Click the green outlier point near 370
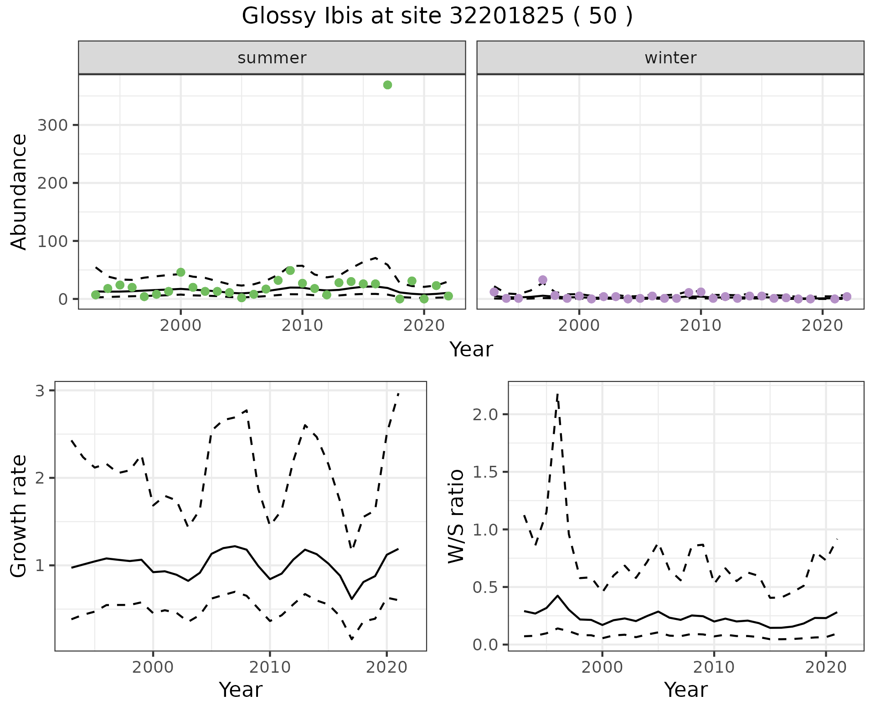tap(387, 85)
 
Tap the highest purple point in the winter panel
tap(542, 280)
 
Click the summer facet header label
tap(272, 58)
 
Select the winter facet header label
tap(670, 58)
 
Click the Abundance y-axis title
tap(19, 191)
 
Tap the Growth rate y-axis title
tap(19, 516)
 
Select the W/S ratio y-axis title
tap(456, 516)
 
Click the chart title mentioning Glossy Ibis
tap(437, 16)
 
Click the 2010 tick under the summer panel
tap(302, 325)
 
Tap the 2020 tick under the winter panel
tap(822, 325)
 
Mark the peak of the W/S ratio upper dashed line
tap(557, 394)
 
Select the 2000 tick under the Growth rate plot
tap(153, 668)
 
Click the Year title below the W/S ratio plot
tap(685, 690)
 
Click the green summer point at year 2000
tap(180, 273)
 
